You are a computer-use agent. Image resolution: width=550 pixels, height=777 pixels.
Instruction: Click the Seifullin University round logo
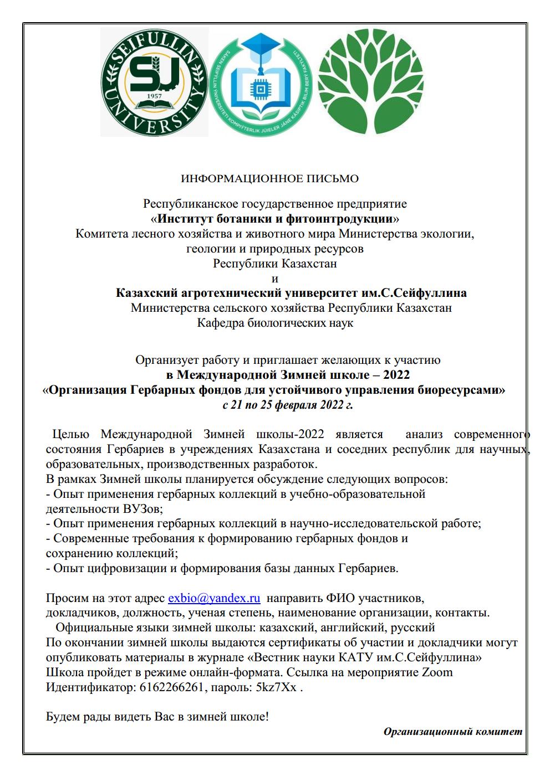[154, 82]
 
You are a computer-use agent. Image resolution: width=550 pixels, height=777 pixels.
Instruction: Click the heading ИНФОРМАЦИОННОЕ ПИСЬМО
[270, 178]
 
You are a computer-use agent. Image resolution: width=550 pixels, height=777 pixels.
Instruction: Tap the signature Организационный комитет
[453, 732]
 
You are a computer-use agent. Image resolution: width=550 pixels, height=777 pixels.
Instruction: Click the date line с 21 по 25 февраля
[287, 405]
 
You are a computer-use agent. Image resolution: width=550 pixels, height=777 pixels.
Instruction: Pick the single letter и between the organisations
[276, 278]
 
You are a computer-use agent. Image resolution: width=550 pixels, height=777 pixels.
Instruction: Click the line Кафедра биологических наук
[275, 322]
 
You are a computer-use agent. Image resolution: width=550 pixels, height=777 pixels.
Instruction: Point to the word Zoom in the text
[437, 672]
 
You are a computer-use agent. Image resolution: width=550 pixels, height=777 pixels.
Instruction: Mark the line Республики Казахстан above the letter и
[275, 264]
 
